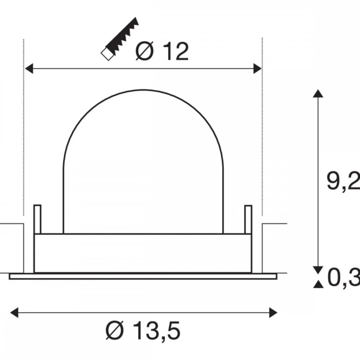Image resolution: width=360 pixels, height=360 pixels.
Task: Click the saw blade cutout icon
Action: click(120, 39)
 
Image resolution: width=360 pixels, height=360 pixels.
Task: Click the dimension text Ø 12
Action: click(162, 51)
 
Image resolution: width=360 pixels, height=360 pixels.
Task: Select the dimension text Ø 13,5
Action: click(143, 330)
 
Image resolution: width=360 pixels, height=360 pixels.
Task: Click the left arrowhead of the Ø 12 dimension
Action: click(29, 69)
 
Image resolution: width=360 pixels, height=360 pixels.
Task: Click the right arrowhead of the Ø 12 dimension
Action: click(257, 69)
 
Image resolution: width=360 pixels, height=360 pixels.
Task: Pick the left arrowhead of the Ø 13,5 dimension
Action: click(14, 313)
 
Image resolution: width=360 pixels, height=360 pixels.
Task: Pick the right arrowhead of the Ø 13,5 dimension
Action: click(273, 313)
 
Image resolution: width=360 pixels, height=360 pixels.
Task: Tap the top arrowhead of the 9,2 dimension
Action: click(318, 94)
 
